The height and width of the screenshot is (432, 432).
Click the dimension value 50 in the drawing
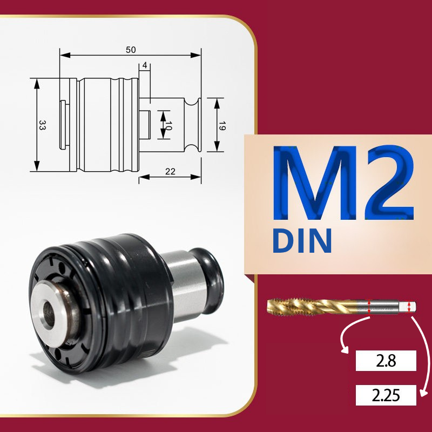pyautogui.click(x=131, y=50)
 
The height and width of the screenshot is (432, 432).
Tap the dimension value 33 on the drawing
pyautogui.click(x=42, y=125)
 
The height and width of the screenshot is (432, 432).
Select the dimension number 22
pyautogui.click(x=170, y=172)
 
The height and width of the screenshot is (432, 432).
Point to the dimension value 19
pyautogui.click(x=222, y=126)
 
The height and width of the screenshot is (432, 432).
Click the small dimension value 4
pyautogui.click(x=145, y=65)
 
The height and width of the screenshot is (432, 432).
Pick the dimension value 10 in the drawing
pyautogui.click(x=168, y=126)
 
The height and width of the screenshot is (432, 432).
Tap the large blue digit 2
pyautogui.click(x=391, y=182)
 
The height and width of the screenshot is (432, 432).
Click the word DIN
pyautogui.click(x=302, y=240)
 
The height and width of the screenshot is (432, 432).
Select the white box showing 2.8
pyautogui.click(x=386, y=361)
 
